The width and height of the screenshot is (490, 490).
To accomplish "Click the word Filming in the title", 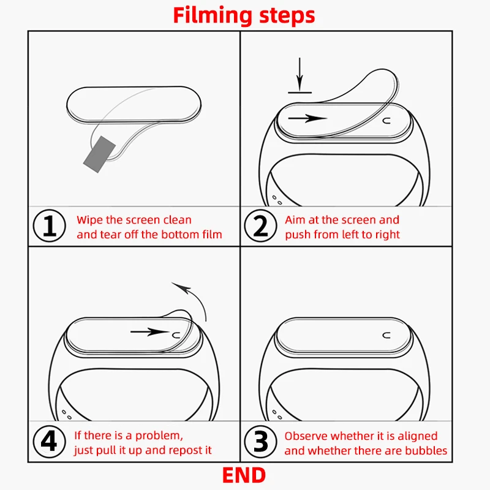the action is pyautogui.click(x=213, y=16).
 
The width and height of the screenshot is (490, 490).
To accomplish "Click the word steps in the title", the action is pyautogui.click(x=287, y=16).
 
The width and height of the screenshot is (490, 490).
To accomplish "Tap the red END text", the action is pyautogui.click(x=244, y=475).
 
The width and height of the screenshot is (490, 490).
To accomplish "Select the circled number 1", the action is pyautogui.click(x=50, y=225).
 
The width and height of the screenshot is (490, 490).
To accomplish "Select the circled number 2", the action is pyautogui.click(x=260, y=225).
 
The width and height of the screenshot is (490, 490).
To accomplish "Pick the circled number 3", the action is pyautogui.click(x=260, y=441).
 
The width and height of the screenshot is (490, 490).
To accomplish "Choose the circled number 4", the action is pyautogui.click(x=50, y=441).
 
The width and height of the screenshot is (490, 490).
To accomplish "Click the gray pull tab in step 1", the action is pyautogui.click(x=99, y=154).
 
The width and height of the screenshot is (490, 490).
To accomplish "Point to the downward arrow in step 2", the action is pyautogui.click(x=300, y=74).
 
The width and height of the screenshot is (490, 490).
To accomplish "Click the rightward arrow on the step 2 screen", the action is pyautogui.click(x=307, y=118).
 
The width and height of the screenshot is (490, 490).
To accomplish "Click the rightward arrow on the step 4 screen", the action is pyautogui.click(x=150, y=332).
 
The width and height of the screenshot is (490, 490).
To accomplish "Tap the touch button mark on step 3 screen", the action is pyautogui.click(x=386, y=336).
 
